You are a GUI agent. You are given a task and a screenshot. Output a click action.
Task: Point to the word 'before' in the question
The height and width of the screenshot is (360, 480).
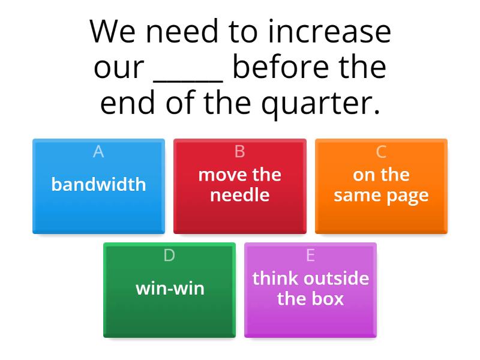coord(278,67)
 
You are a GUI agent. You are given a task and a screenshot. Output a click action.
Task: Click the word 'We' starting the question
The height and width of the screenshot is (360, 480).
coord(112,32)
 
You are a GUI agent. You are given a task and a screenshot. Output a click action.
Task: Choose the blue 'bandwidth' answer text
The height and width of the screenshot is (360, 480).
coord(98,184)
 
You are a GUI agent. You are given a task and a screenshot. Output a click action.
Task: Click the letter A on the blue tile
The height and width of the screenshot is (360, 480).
coord(98,152)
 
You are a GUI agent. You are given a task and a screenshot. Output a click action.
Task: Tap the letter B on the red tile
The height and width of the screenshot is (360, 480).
coord(239,152)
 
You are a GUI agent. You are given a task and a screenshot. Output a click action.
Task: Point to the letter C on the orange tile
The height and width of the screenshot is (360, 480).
coord(381,152)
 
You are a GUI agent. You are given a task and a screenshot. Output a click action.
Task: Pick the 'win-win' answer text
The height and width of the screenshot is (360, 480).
coord(170,289)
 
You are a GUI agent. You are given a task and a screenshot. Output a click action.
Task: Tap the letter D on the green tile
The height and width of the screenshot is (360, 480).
coord(169,256)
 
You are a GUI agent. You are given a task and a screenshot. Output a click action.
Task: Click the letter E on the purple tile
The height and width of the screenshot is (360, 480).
coord(310,256)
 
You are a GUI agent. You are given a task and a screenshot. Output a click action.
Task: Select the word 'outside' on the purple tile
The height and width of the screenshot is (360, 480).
coord(336,278)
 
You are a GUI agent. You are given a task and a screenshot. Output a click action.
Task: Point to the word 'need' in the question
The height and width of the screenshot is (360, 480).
coord(182,31)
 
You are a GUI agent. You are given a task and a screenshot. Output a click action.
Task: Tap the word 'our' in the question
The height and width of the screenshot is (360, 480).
coord(119,68)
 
